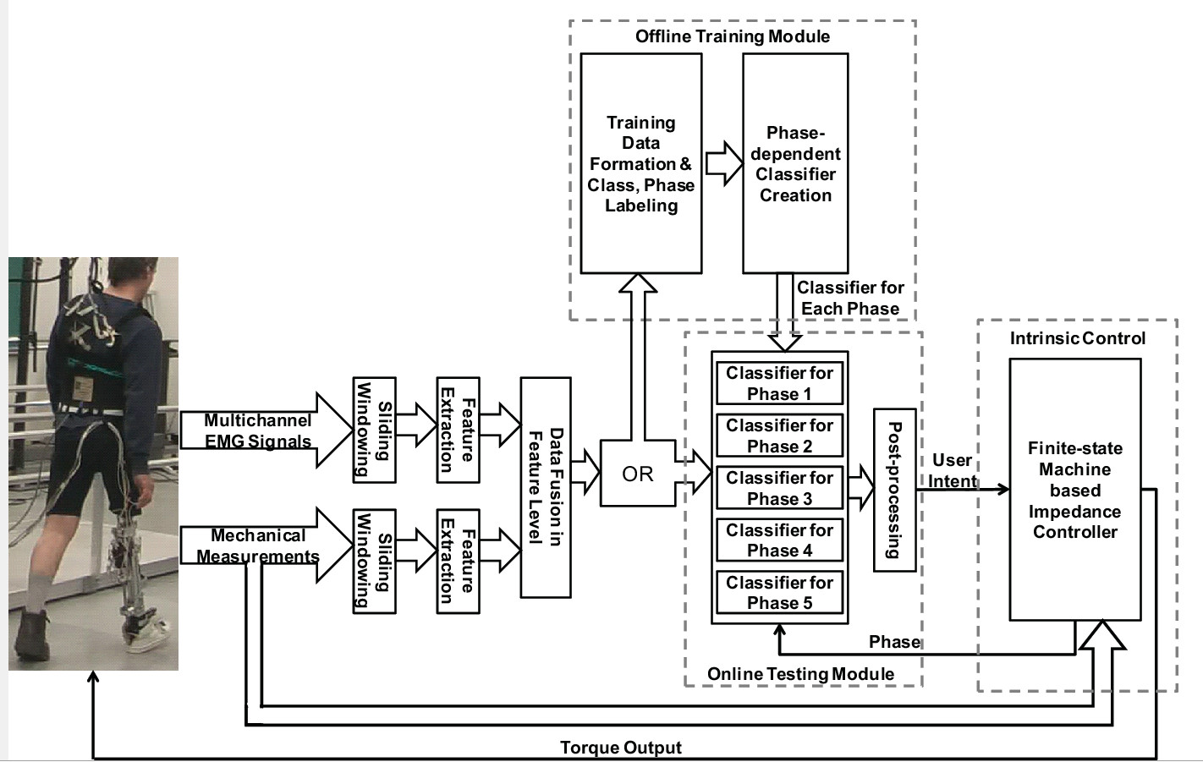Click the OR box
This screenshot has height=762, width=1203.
[637, 474]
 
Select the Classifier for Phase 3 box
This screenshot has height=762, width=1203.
[779, 488]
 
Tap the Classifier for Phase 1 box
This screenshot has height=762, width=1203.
[779, 383]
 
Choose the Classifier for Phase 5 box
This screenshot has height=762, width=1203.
[779, 593]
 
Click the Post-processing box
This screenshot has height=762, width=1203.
[894, 490]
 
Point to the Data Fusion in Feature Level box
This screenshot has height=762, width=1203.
[546, 487]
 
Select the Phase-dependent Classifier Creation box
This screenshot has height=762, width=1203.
[795, 164]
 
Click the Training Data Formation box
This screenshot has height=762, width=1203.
[640, 164]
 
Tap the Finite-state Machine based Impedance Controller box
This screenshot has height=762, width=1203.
[1074, 490]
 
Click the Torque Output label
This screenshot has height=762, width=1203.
[621, 748]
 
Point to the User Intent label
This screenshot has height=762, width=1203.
[952, 471]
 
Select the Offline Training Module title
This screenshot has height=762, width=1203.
[733, 36]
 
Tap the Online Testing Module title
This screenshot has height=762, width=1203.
[800, 674]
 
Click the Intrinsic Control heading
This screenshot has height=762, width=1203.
[1077, 338]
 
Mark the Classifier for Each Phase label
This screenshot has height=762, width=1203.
[850, 298]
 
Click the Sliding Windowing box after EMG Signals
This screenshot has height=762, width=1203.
[374, 430]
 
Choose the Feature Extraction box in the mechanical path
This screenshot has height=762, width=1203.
[458, 561]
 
